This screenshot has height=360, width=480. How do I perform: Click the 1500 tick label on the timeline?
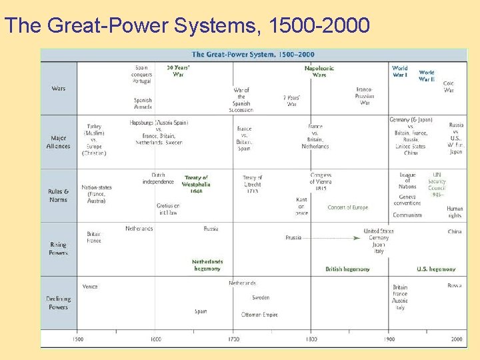coord(78,339)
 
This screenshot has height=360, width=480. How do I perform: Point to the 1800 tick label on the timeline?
coord(311,339)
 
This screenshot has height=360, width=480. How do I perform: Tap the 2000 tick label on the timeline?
coord(457,339)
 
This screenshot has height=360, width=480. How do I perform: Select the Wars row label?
coord(59,89)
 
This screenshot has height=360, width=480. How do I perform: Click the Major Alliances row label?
coord(59,142)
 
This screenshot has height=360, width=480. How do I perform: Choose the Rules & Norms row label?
coord(59,196)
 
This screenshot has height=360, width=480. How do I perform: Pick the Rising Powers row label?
coord(59,249)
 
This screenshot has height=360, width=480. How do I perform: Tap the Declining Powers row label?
coord(59,303)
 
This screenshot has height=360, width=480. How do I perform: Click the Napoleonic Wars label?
coord(319,71)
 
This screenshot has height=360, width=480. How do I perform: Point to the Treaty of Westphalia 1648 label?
coord(196,185)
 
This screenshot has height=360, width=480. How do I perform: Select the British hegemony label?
coord(347,269)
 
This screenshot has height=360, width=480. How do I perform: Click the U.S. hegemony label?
coord(436,269)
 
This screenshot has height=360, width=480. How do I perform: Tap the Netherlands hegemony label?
coord(207,265)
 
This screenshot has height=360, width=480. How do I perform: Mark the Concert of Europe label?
coord(347,208)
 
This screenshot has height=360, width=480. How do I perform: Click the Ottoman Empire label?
coord(259,315)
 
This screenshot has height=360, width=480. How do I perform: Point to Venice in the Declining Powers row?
coord(90,287)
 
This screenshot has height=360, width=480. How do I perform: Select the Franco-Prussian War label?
coord(365,96)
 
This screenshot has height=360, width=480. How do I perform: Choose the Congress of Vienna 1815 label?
coord(321,182)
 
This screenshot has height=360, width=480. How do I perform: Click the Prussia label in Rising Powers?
coord(293,237)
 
